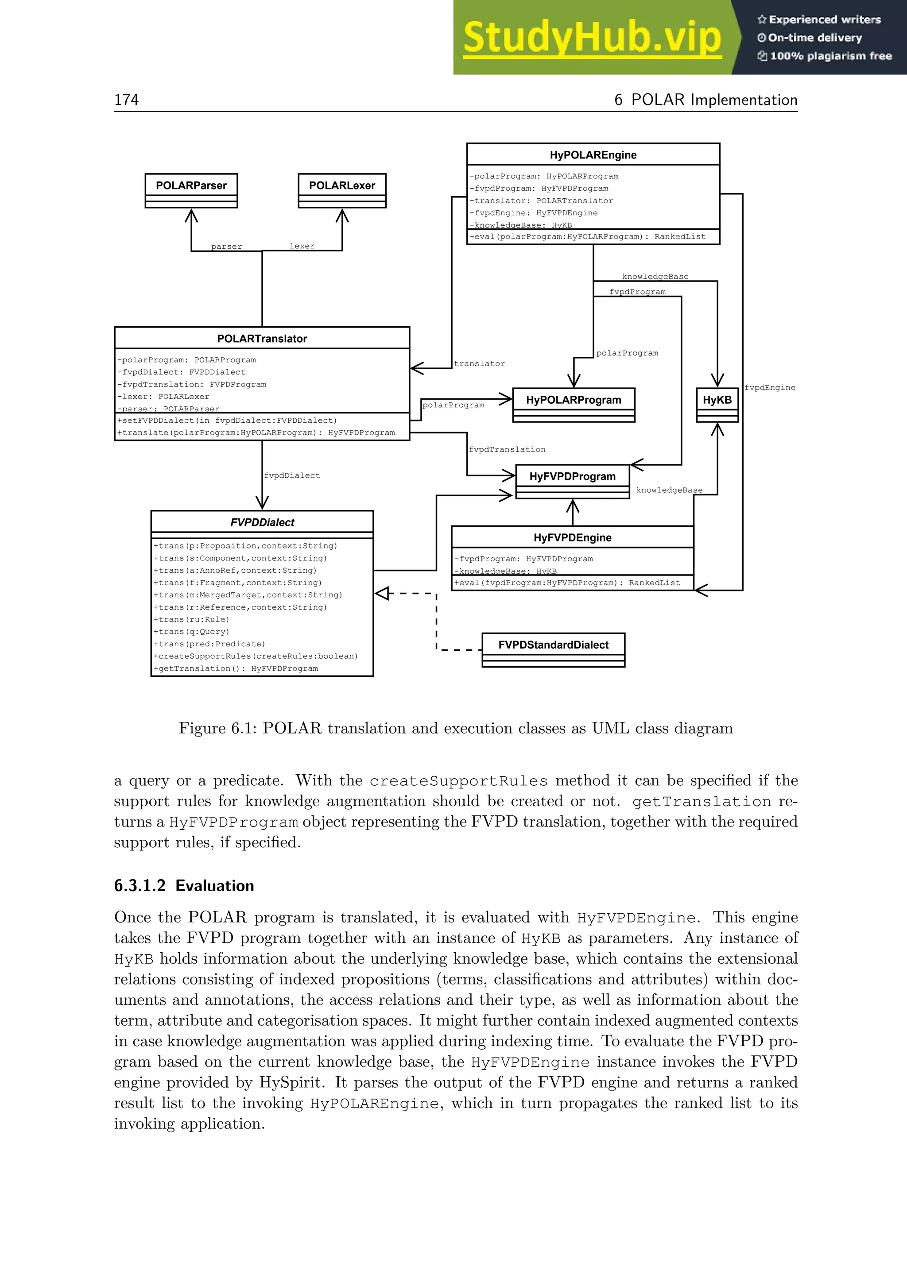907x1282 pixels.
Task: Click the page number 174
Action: pyautogui.click(x=126, y=100)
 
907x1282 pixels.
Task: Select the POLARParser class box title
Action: pyautogui.click(x=191, y=185)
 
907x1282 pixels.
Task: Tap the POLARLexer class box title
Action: pyautogui.click(x=342, y=185)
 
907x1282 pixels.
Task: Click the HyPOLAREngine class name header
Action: pyautogui.click(x=593, y=154)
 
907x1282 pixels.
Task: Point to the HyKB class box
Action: pyautogui.click(x=717, y=400)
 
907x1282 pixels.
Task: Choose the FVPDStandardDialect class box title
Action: pyautogui.click(x=553, y=645)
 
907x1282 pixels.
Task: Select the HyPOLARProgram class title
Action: pyautogui.click(x=573, y=400)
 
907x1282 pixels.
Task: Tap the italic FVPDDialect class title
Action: pyautogui.click(x=262, y=522)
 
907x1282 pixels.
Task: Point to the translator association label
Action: pyautogui.click(x=479, y=363)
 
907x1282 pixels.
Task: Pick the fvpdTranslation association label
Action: pyautogui.click(x=507, y=449)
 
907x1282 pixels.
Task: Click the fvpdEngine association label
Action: pyautogui.click(x=770, y=387)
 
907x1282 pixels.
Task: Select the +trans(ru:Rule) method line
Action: pyautogui.click(x=192, y=619)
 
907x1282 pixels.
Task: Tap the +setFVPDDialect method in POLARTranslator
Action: pyautogui.click(x=227, y=421)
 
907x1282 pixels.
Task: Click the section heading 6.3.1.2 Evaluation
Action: pyautogui.click(x=184, y=885)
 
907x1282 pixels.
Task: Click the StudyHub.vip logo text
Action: pyautogui.click(x=592, y=38)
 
